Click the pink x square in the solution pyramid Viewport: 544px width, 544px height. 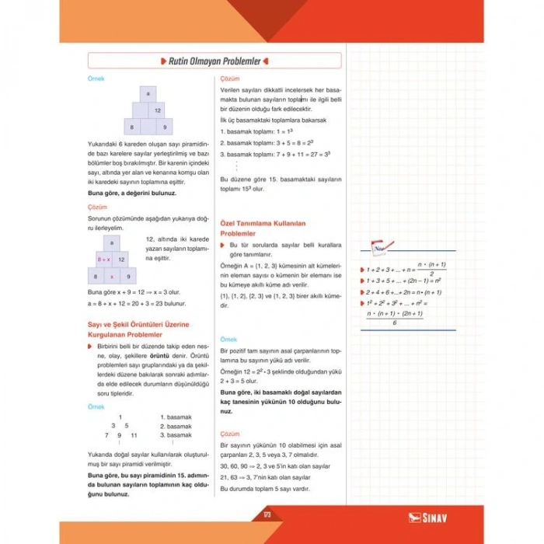pyautogui.click(x=113, y=275)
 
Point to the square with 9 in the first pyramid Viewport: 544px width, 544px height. pyautogui.click(x=164, y=126)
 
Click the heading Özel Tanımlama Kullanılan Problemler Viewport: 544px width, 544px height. pyautogui.click(x=263, y=228)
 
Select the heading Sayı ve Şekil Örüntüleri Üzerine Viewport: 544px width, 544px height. pyautogui.click(x=138, y=324)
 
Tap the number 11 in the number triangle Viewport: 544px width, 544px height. pyautogui.click(x=134, y=435)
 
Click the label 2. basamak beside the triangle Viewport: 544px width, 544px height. pyautogui.click(x=176, y=426)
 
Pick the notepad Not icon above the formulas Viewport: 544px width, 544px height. pyautogui.click(x=378, y=247)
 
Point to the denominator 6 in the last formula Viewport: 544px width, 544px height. pyautogui.click(x=395, y=323)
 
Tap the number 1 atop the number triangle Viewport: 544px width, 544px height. pyautogui.click(x=120, y=417)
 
